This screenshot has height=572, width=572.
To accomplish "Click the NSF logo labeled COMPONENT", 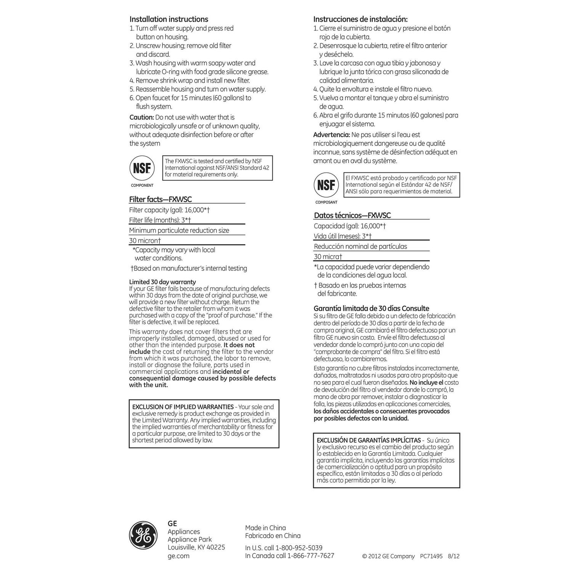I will point(142,168).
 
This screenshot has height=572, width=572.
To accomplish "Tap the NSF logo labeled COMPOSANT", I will point(326,185).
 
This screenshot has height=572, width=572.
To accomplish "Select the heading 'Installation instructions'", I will point(169,19).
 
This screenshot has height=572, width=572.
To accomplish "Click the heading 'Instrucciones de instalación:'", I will point(360,19).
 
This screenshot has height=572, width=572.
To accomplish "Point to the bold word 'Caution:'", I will point(141,117).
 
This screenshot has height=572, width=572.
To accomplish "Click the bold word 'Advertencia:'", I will point(331,135).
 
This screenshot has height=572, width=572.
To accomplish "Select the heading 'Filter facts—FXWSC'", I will point(160,199).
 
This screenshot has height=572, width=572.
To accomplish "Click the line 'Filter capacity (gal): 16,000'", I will point(169,210).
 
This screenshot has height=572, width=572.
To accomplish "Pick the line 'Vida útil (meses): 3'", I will point(342,236).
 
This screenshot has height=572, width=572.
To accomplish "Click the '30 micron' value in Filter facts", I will point(145,241).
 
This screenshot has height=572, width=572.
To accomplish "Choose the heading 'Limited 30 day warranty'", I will point(162,282).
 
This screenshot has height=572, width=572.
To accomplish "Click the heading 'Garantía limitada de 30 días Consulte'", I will point(371,308).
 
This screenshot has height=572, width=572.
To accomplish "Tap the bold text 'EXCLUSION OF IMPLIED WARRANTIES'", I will point(183,407).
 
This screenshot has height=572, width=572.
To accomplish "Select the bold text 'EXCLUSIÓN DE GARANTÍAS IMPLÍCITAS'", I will point(368,440).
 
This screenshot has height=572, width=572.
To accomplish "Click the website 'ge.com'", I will point(178,556).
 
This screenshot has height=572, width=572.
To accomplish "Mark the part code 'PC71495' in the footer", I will point(431,556).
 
